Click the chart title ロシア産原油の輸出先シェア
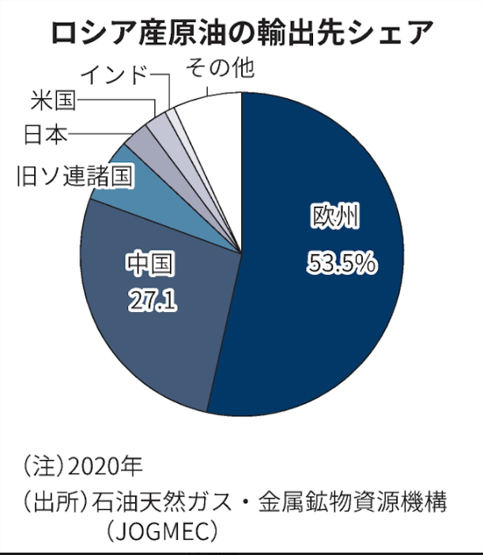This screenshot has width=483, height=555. [x=241, y=33]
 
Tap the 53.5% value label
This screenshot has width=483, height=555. [x=341, y=264]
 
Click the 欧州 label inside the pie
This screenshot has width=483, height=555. [x=336, y=216]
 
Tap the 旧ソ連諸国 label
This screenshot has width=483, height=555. [x=75, y=176]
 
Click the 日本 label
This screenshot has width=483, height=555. [x=45, y=135]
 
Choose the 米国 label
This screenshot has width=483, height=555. [x=54, y=101]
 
